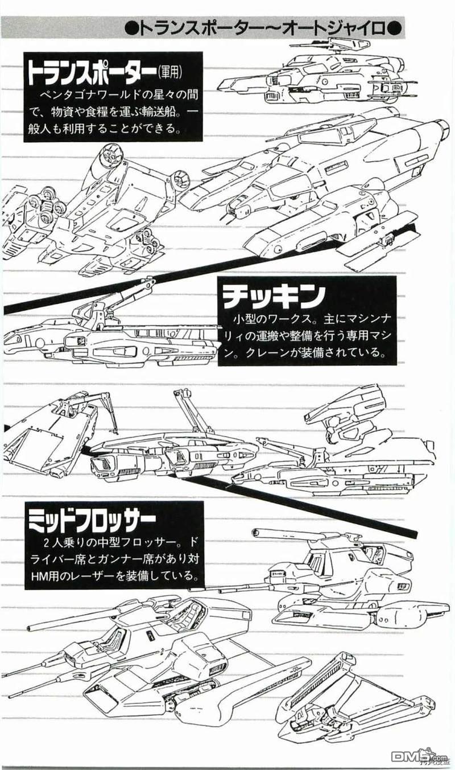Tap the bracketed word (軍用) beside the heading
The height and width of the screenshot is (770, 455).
[x=169, y=72]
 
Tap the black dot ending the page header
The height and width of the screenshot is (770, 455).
[x=395, y=29]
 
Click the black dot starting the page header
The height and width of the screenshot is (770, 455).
[x=131, y=29]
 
